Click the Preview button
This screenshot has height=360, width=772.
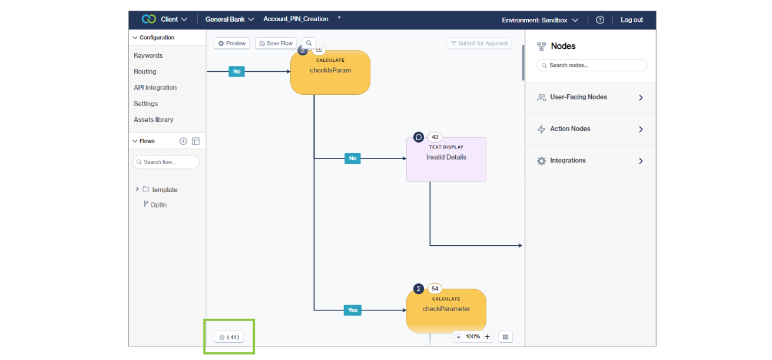pos(231,44)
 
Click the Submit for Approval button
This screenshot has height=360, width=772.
pos(479,44)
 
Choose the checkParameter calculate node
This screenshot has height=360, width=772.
pos(446,311)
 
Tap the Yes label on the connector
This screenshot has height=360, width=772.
pos(352,310)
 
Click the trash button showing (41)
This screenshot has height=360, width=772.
pos(228,337)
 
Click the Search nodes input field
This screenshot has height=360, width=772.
pos(592,65)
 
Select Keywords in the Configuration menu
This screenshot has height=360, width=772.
pos(148,55)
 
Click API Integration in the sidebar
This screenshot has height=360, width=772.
pos(155,88)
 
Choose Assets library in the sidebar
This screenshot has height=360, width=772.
pos(153,120)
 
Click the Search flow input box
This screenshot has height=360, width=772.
pos(167,162)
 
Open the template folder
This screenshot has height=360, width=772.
pos(164,190)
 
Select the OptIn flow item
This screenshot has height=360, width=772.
pos(158,205)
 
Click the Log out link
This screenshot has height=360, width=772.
pos(631,20)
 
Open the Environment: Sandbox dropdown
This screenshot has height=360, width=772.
pos(539,20)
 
